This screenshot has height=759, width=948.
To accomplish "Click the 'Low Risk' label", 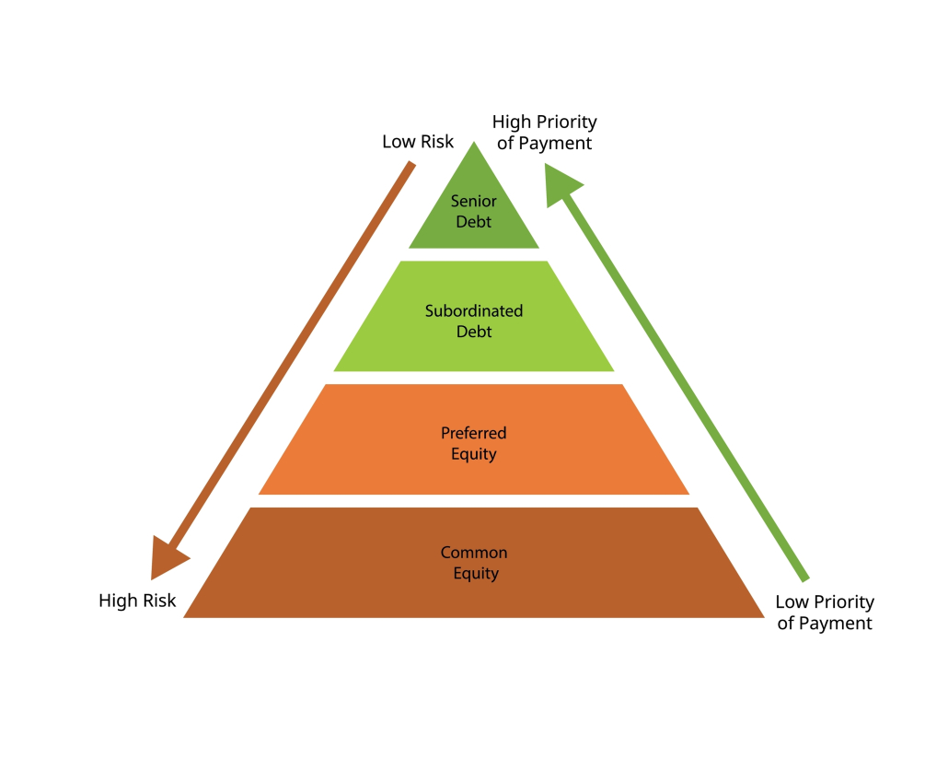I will [x=418, y=142].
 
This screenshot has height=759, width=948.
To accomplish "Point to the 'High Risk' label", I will [x=137, y=601].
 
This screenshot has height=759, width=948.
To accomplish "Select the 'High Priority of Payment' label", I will [x=544, y=133].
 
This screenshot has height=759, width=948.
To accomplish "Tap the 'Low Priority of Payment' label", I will [x=825, y=613].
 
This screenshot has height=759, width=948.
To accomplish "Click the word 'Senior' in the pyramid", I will [x=474, y=202].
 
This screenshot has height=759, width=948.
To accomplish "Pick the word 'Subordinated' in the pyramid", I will [x=474, y=311].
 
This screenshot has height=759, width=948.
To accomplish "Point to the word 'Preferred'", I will [x=474, y=433].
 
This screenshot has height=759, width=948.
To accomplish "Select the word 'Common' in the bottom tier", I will [x=474, y=553].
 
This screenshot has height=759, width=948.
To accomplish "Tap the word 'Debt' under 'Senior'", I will [x=474, y=222].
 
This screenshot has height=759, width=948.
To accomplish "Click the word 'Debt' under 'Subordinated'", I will [x=474, y=332].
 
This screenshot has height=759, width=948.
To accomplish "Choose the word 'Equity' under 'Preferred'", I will [x=474, y=453].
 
